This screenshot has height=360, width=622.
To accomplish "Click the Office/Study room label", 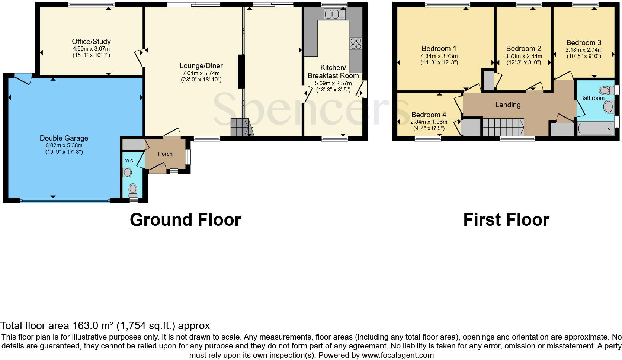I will coord(91,42).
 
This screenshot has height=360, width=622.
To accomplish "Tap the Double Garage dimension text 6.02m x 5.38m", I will coord(64,145).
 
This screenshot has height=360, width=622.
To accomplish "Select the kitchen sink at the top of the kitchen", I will coord(334,14).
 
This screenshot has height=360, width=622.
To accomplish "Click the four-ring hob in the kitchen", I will coord(356,44).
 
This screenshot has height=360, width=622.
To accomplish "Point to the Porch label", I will coord(165,154).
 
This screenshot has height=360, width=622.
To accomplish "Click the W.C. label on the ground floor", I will coord(129,161).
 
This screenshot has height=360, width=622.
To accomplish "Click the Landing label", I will coord(508,105).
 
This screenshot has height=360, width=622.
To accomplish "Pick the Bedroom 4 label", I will coord(429,115).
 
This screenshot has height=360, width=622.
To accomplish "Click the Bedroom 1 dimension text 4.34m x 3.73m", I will coord(439,56).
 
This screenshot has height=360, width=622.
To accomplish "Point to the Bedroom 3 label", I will coord(584,43).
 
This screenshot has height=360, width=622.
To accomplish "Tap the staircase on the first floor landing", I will coord(503,127).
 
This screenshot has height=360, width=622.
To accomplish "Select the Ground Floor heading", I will coord(185,220).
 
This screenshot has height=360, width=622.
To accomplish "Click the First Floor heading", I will coord(506,220).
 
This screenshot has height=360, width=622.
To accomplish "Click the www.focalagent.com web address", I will coord(397,355).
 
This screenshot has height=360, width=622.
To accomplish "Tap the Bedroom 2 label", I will coord(523,49).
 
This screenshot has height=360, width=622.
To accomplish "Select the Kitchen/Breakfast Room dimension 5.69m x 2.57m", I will coord(333,83).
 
